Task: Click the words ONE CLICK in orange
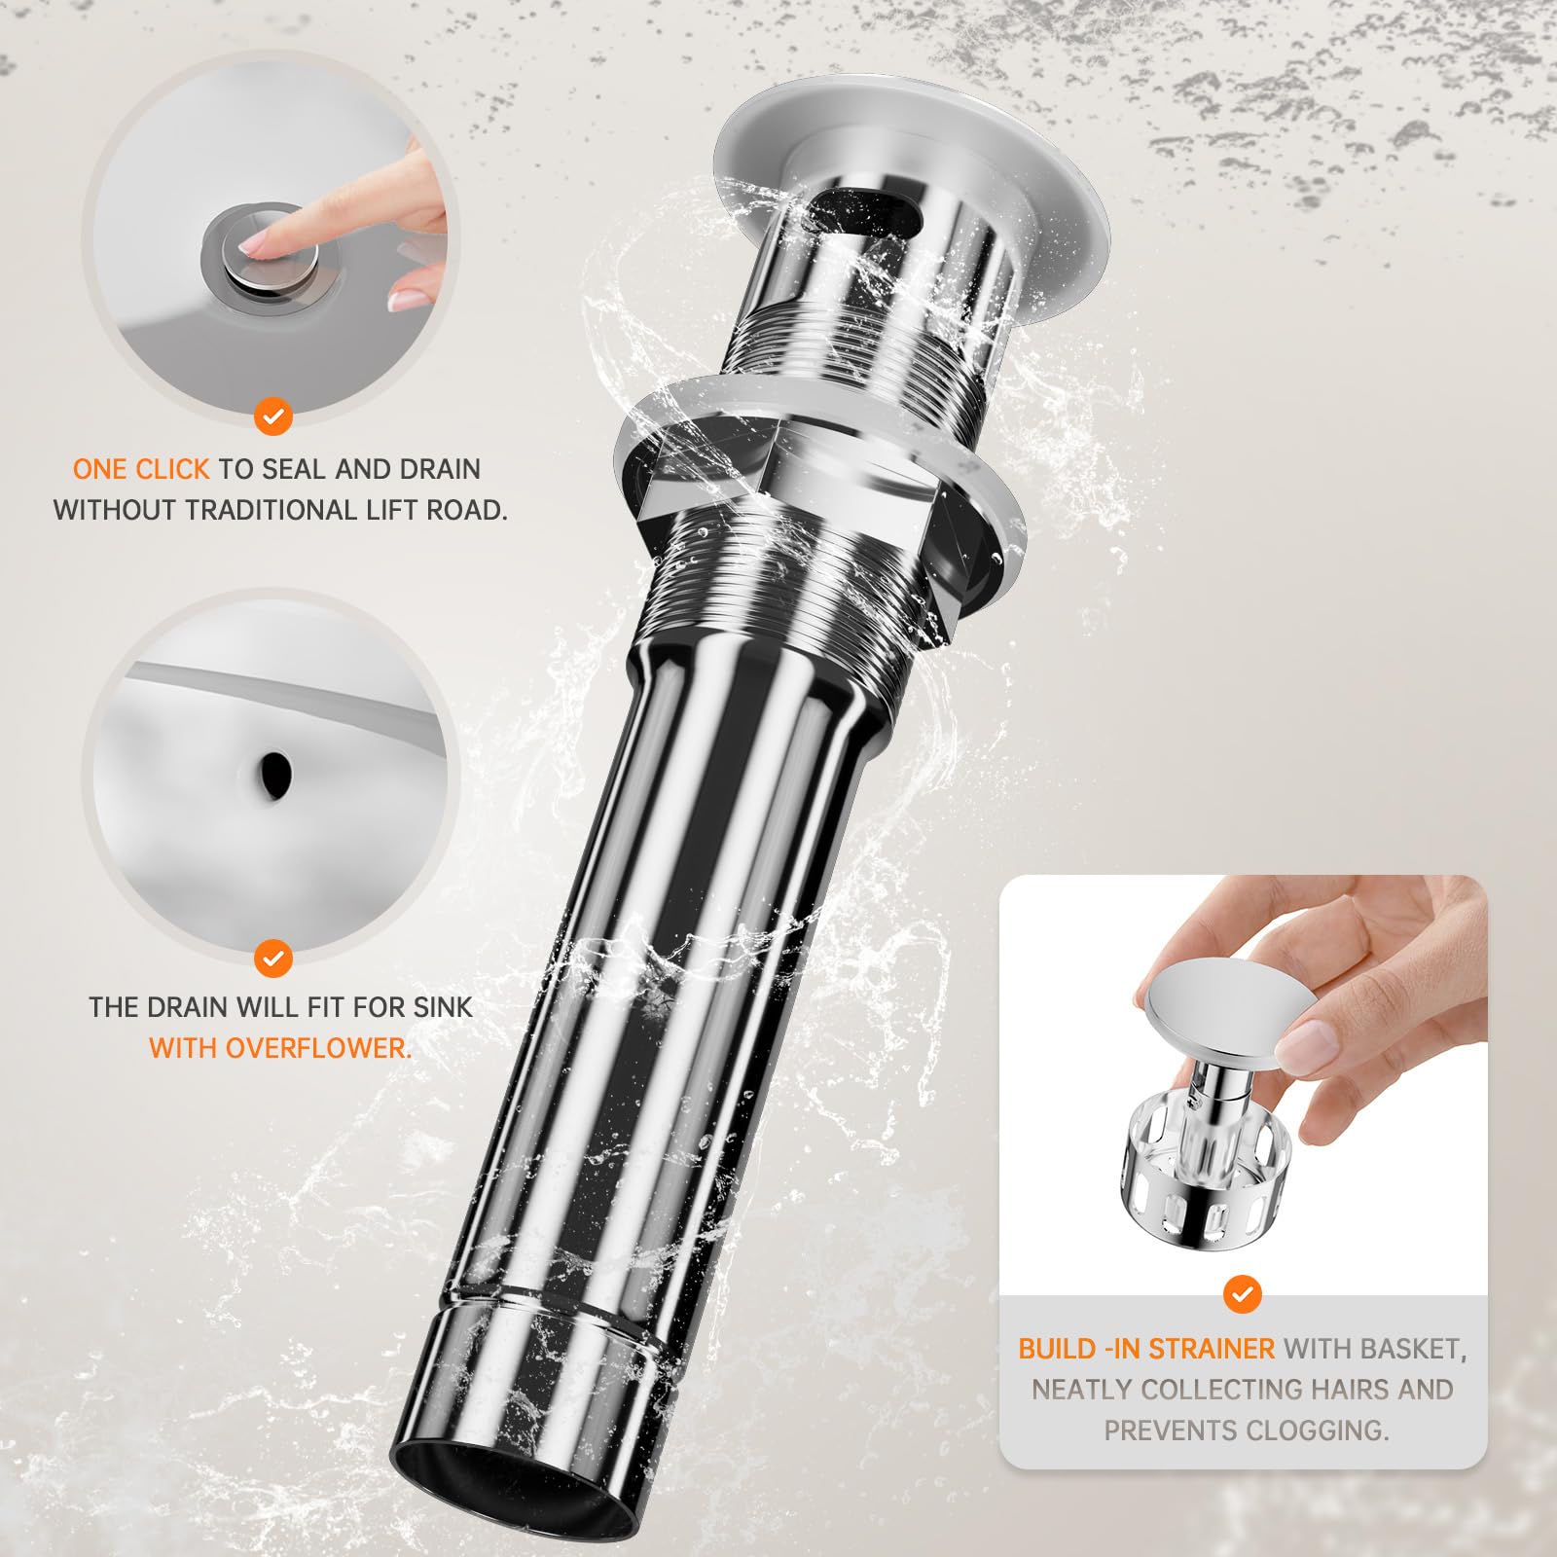pos(141,469)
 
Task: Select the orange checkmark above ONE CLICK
pos(273,417)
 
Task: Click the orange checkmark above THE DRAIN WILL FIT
pos(273,959)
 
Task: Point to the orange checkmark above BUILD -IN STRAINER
pos(1242,1295)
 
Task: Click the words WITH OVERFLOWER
pos(280,1048)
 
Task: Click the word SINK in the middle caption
pos(443,1006)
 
